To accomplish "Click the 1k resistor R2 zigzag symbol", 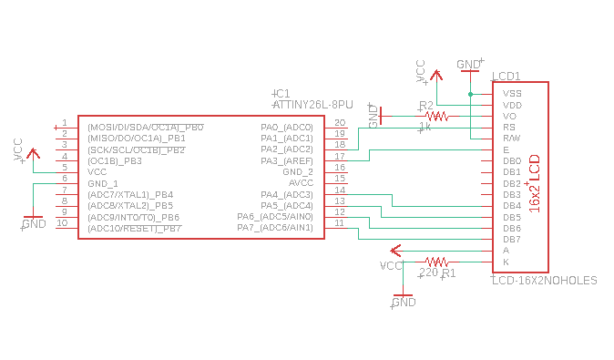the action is tap(436, 117).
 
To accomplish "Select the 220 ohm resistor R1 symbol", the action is tap(436, 262).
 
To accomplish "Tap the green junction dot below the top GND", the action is tap(471, 94).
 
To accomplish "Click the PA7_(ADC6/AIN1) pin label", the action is tap(275, 228).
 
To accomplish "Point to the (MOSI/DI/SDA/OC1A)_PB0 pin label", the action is tap(146, 128).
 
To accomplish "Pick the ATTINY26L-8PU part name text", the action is tap(312, 105).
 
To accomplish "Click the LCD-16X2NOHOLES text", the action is tap(544, 280).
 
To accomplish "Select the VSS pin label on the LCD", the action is tap(512, 94).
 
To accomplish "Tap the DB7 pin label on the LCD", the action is tap(512, 240).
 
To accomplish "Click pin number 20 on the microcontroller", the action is tap(340, 123).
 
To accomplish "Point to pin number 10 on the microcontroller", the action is tap(62, 223).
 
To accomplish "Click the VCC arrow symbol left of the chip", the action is tap(34, 153).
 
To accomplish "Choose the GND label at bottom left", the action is tap(34, 223).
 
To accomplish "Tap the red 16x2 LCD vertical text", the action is tap(535, 183).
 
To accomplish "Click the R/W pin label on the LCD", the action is tap(512, 139).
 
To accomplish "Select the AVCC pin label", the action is tap(302, 183).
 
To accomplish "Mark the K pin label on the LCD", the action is tap(506, 262).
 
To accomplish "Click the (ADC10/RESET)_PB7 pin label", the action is tap(135, 229).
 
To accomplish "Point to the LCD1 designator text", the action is tap(507, 76).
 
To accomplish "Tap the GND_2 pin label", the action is tap(298, 172).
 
